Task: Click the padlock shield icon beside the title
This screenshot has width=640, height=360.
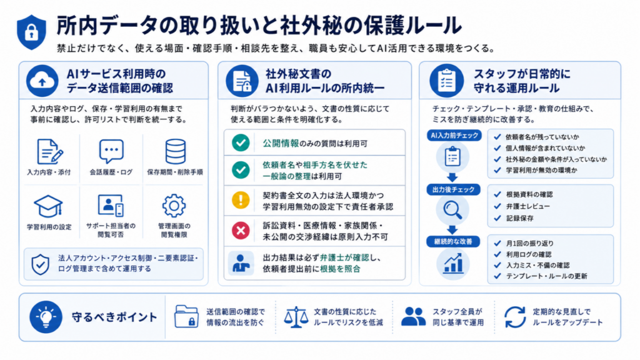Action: [x=31, y=32]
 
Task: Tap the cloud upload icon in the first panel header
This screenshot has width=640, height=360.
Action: [x=42, y=81]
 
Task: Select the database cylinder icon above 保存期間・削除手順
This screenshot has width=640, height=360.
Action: [x=176, y=151]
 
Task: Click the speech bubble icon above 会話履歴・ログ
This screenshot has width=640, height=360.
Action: [x=111, y=151]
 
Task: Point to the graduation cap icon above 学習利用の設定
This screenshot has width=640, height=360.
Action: [x=48, y=206]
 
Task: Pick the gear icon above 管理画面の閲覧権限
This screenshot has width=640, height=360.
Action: [x=174, y=206]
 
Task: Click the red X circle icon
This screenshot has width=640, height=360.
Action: [x=241, y=231]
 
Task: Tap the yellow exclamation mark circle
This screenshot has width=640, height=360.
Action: [x=241, y=200]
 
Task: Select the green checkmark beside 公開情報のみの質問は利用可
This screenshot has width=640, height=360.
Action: [x=241, y=143]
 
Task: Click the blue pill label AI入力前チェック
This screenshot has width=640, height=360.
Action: [x=454, y=136]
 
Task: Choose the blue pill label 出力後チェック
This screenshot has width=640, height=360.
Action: [x=454, y=189]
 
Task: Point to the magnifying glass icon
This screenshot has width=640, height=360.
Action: [x=452, y=210]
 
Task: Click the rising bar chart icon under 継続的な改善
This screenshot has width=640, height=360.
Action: [x=453, y=263]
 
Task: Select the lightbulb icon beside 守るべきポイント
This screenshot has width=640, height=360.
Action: [x=46, y=317]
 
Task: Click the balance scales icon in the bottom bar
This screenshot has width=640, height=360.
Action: [x=296, y=317]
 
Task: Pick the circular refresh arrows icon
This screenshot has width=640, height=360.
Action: [x=515, y=317]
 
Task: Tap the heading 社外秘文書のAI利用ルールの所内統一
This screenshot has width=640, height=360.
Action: [x=325, y=81]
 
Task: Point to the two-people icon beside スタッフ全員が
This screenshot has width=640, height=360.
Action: [x=413, y=317]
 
